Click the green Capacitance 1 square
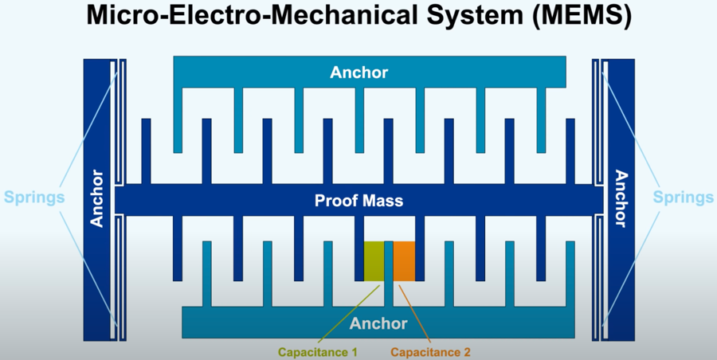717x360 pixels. (374, 260)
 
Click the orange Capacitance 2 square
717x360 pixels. (404, 260)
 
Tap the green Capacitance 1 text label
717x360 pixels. (317, 351)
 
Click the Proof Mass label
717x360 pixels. (358, 201)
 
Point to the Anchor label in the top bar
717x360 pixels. (358, 72)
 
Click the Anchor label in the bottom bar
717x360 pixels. (378, 323)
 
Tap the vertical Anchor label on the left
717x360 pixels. (98, 198)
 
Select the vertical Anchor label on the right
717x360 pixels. (620, 198)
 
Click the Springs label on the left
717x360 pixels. (33, 197)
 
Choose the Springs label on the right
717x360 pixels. (684, 197)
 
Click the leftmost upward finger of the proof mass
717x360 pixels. (146, 151)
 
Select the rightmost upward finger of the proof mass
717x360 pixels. (570, 151)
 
